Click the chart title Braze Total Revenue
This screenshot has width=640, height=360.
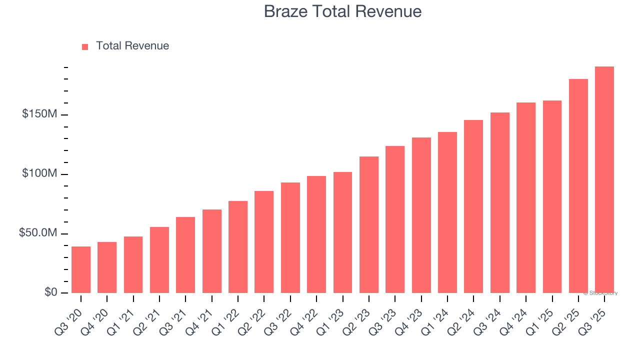click(x=342, y=11)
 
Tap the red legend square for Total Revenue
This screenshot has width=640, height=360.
click(x=85, y=46)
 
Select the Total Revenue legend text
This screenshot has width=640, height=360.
click(x=132, y=46)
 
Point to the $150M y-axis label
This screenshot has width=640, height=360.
click(x=39, y=114)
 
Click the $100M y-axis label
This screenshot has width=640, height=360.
click(x=39, y=173)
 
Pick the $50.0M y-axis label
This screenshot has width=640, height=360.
click(x=38, y=233)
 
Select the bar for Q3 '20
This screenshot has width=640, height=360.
click(x=81, y=270)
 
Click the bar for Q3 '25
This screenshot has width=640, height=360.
click(x=604, y=180)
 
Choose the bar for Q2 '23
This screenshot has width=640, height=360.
click(x=369, y=225)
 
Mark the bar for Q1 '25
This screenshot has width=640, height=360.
click(x=552, y=197)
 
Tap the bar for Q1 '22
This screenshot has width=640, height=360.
click(x=238, y=247)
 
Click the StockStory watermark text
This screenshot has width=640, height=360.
click(x=600, y=293)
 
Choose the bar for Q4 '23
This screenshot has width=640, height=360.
click(x=421, y=215)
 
